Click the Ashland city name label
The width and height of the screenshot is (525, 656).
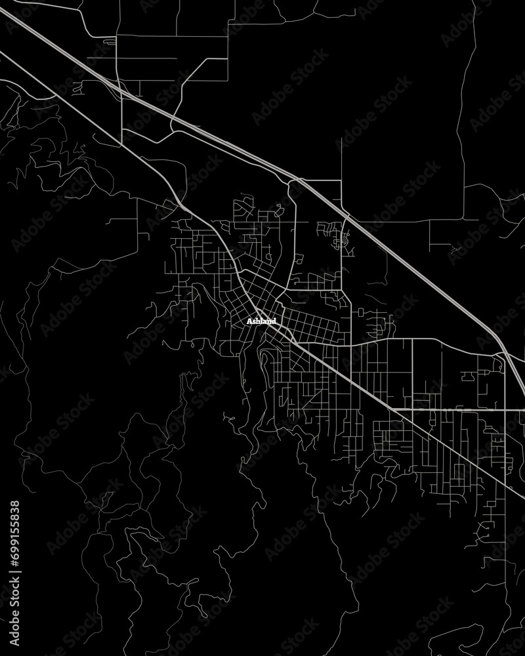click(x=262, y=322)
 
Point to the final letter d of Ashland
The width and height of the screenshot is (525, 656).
click(x=274, y=322)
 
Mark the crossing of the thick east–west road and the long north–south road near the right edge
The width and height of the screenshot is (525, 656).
click(x=505, y=409)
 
